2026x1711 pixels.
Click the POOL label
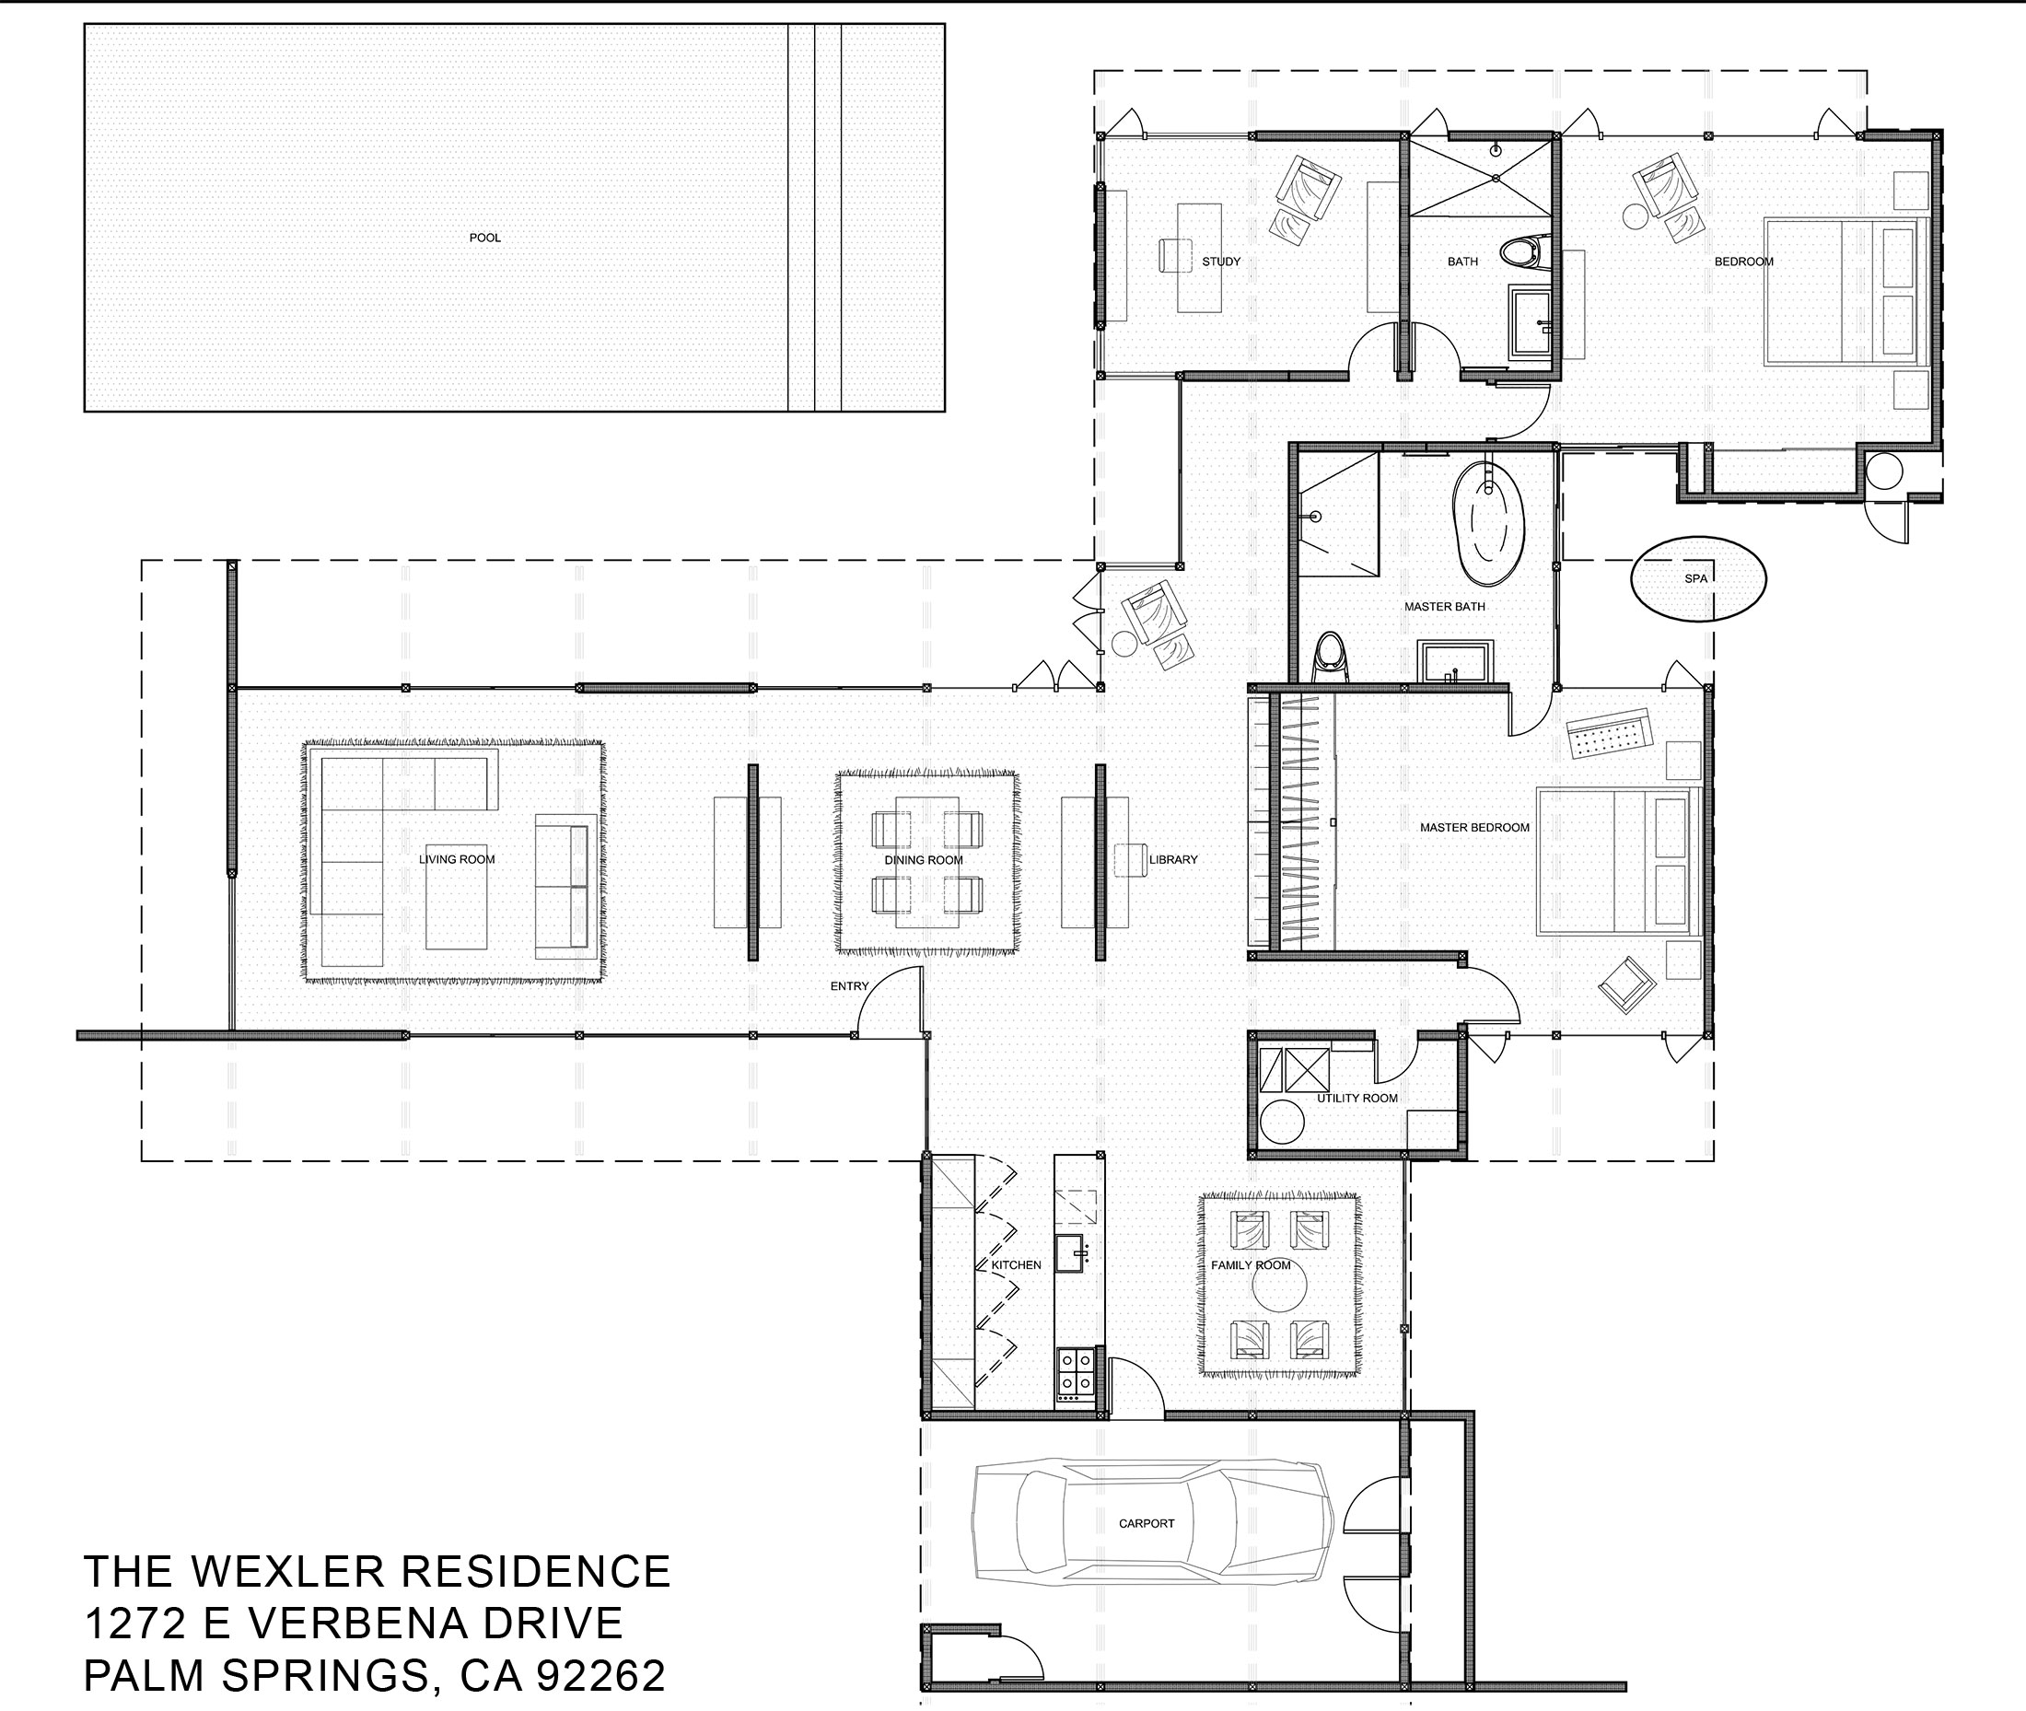[x=485, y=238]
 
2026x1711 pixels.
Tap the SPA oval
[x=1697, y=579]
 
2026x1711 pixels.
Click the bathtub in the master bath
[x=1488, y=522]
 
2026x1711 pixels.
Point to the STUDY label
[x=1221, y=261]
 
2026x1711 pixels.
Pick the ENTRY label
[x=850, y=986]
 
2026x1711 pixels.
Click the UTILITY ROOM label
[x=1356, y=1098]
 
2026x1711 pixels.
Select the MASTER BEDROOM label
[x=1474, y=827]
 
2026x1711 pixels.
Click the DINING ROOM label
[x=924, y=860]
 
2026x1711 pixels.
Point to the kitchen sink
[x=1075, y=1254]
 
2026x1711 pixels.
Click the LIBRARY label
[x=1173, y=859]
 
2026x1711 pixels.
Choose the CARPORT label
[x=1147, y=1524]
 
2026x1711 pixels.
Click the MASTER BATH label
[x=1444, y=606]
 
